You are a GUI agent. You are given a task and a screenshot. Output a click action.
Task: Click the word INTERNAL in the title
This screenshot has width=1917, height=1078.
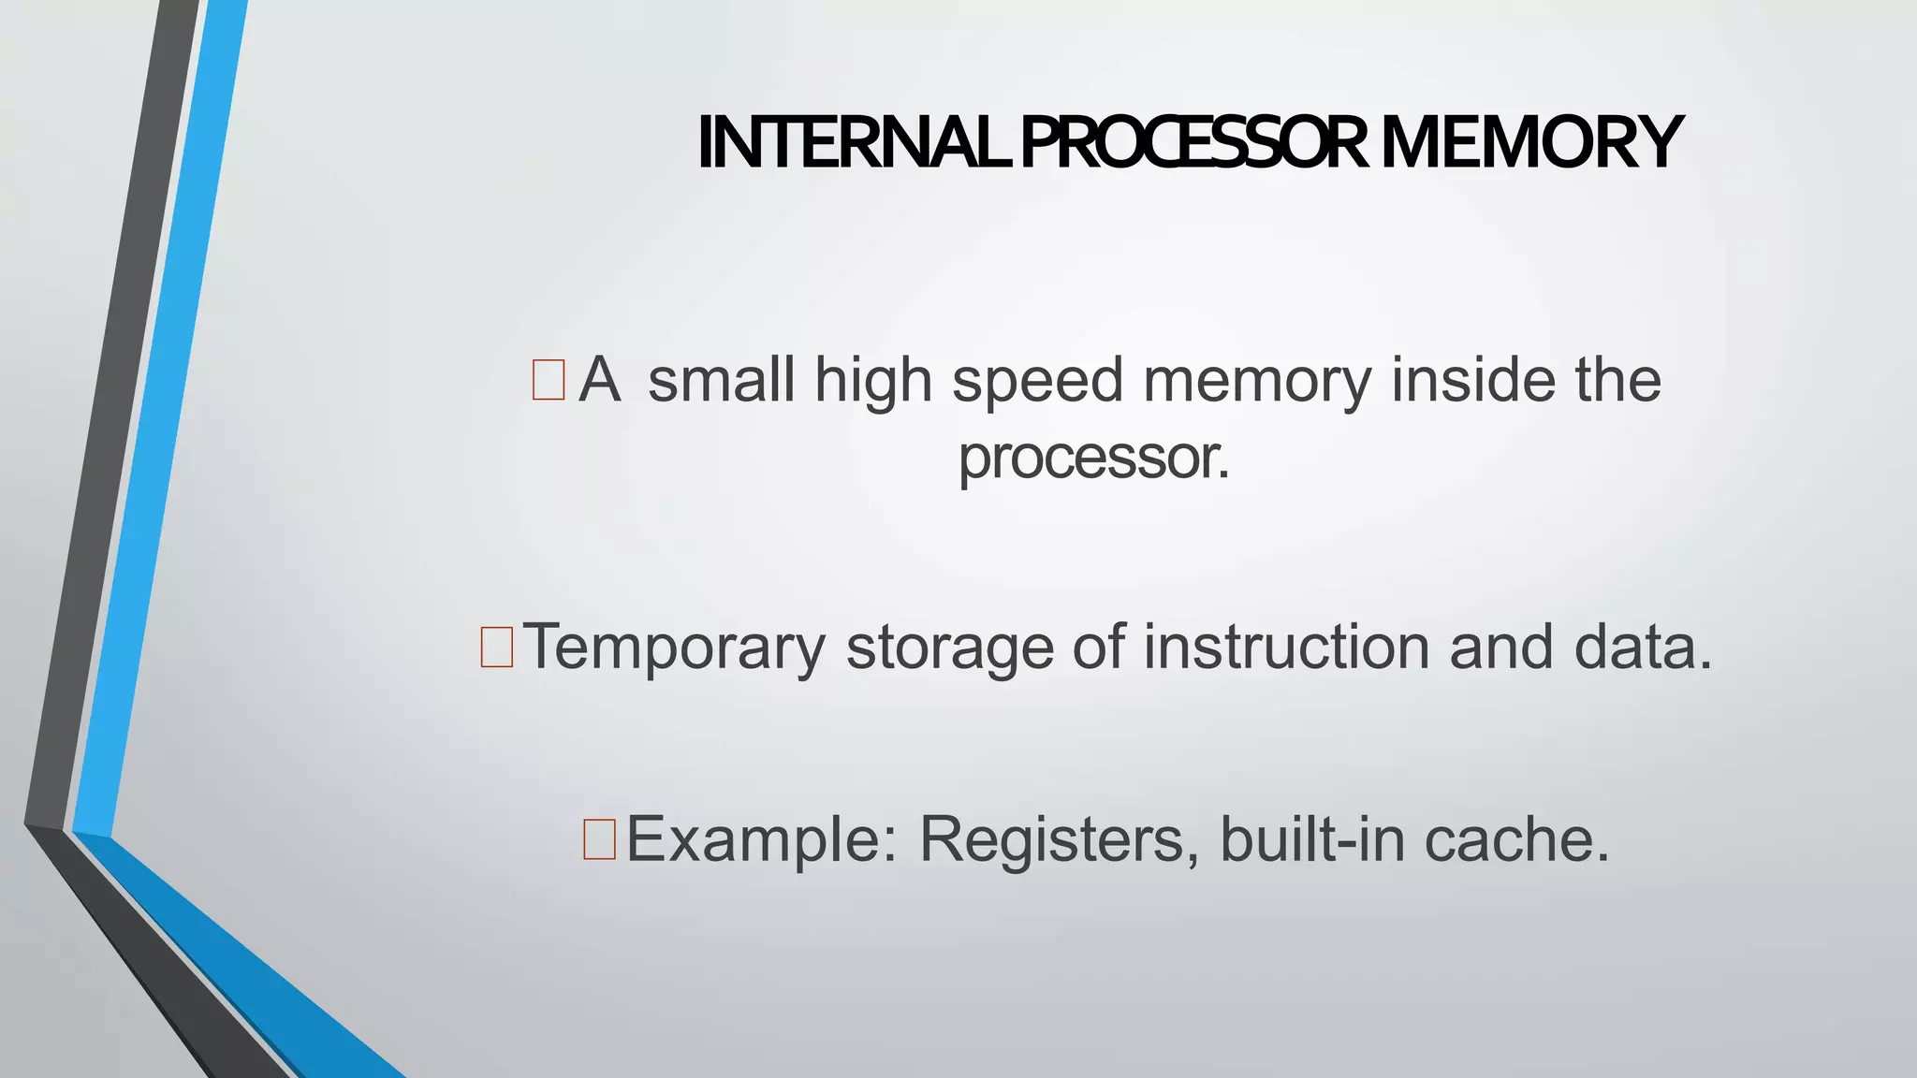854,142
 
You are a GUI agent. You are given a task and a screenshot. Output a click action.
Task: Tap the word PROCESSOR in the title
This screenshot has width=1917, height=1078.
1193,142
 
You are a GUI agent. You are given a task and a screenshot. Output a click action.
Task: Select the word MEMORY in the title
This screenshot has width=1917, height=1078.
1531,142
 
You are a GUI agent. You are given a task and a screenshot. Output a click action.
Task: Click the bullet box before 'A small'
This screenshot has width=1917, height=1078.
549,380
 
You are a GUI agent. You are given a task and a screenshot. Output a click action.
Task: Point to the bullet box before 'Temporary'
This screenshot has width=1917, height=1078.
496,648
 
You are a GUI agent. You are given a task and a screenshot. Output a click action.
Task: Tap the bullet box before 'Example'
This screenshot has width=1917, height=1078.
599,838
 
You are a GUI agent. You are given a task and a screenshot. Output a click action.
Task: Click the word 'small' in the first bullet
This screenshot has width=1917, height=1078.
722,380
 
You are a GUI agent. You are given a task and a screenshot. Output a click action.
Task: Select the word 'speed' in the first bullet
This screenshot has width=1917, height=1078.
1037,382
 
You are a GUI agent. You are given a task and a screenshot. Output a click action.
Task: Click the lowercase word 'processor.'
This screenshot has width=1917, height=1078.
1093,459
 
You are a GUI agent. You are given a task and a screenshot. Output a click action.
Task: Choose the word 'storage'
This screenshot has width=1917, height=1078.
949,648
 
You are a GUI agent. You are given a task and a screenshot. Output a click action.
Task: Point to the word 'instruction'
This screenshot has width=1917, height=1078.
1287,648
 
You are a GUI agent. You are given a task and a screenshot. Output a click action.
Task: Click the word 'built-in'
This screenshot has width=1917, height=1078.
1312,838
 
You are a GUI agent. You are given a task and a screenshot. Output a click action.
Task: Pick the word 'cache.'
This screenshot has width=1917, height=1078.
1517,838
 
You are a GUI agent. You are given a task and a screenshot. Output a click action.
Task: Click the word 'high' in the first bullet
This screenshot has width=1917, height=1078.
873,382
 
